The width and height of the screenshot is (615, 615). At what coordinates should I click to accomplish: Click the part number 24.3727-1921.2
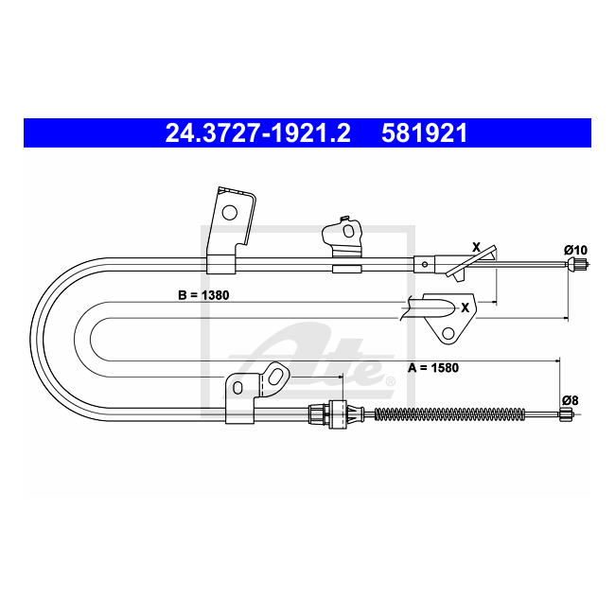click(x=257, y=133)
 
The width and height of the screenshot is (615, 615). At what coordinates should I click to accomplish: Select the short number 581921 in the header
click(x=425, y=133)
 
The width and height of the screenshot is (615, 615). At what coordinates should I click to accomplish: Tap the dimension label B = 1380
click(x=203, y=295)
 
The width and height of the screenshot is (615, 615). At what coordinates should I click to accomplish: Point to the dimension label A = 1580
click(x=433, y=368)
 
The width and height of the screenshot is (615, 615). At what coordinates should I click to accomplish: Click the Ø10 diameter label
click(x=576, y=250)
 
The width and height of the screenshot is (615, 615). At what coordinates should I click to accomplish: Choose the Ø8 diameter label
click(x=570, y=400)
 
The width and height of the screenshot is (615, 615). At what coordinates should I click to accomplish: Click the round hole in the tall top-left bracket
click(x=230, y=213)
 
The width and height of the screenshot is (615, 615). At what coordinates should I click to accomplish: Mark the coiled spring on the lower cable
click(x=449, y=413)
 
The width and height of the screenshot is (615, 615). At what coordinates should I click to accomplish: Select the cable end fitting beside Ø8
click(x=566, y=414)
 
